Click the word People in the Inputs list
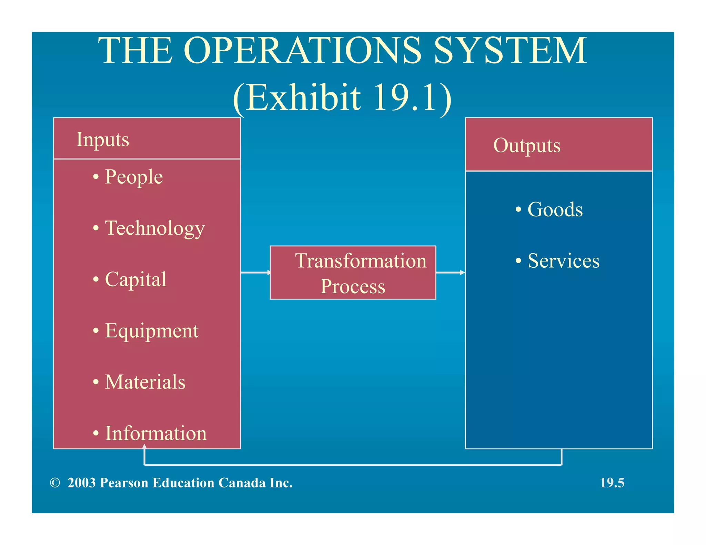pos(133,177)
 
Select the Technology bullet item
pos(155,228)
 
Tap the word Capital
pos(135,279)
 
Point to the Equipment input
pos(152,331)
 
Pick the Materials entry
pos(145,382)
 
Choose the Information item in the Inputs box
pos(155,433)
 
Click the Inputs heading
pos(103,140)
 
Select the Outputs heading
pos(527,145)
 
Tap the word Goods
pos(555,209)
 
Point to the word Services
pos(564,261)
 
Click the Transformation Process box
pos(353,272)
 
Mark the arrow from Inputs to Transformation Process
pos(255,272)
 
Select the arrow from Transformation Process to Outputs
pos(451,272)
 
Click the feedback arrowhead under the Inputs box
pos(144,447)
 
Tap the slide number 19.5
pos(612,483)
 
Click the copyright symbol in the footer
pos(55,483)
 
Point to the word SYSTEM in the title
pos(510,51)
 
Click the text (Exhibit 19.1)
pos(342,97)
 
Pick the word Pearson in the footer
pos(124,483)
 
